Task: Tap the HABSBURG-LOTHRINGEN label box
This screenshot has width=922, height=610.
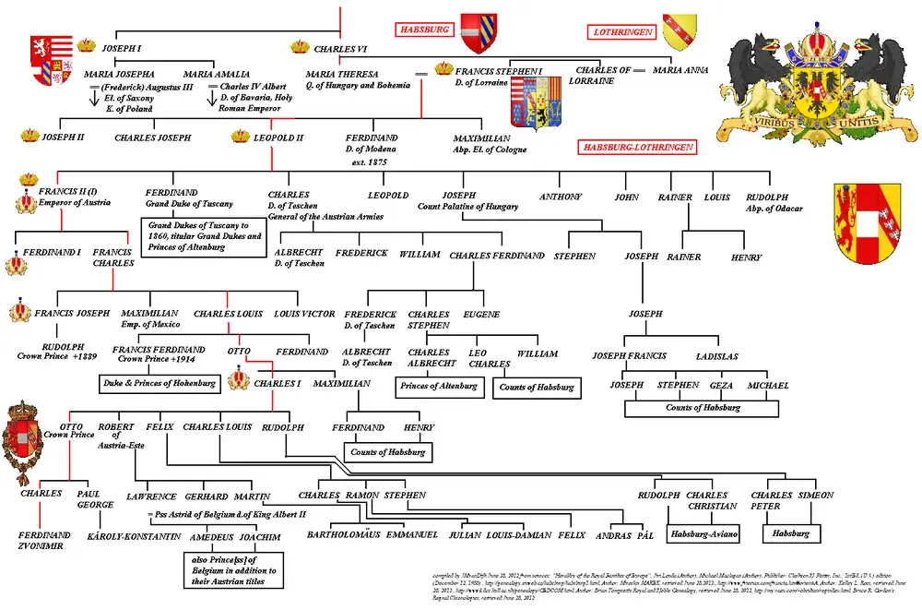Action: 635,147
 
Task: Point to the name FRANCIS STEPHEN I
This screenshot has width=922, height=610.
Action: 499,70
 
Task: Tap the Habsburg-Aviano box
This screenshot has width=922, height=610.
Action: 701,533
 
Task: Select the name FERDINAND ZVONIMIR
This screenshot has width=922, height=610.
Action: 43,540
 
